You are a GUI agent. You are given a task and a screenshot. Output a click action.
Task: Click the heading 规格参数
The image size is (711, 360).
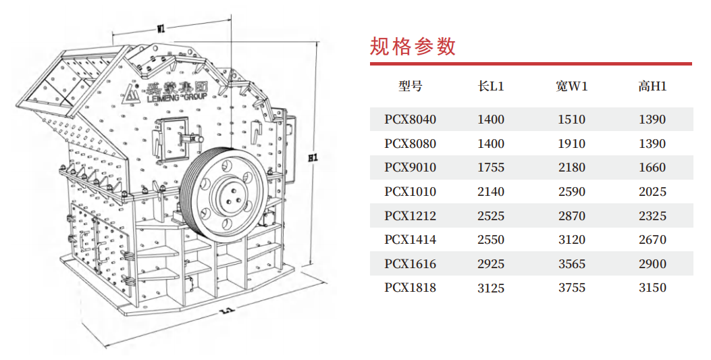tap(413, 47)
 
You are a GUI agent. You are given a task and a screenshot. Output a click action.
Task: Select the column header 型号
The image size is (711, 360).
tap(411, 86)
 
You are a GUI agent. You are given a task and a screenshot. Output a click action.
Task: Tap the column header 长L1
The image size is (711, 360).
tap(491, 86)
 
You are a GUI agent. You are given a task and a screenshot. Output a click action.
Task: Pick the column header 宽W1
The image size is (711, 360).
tap(572, 86)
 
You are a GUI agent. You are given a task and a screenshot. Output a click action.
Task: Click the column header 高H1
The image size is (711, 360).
tap(652, 86)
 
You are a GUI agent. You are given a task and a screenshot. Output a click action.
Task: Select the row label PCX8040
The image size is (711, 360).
tap(411, 120)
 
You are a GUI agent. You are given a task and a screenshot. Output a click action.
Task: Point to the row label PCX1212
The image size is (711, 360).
tap(411, 216)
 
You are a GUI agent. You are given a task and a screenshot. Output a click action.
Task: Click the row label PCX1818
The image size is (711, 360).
tap(411, 288)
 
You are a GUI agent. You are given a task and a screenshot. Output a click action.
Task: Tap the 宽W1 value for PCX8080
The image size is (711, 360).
tap(572, 144)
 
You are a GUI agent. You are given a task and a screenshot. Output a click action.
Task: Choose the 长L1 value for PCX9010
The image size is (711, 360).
tap(491, 168)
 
